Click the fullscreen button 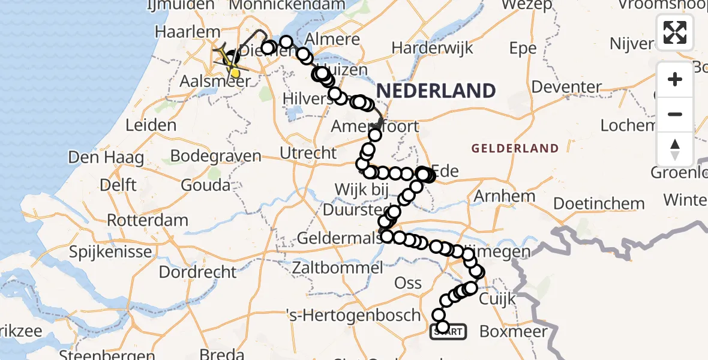(675, 32)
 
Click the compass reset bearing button (675, 149)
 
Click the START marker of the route (448, 331)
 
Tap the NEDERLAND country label (436, 91)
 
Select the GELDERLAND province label (515, 148)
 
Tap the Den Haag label (106, 158)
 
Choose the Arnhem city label (505, 196)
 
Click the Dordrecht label (198, 272)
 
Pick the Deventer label (566, 87)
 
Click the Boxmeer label (514, 331)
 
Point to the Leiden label (151, 125)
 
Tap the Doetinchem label (599, 203)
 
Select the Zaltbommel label (337, 267)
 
